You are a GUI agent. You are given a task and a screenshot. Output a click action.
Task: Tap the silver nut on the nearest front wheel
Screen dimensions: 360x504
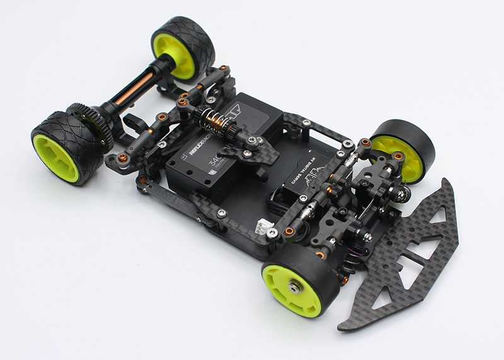point(294,287)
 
